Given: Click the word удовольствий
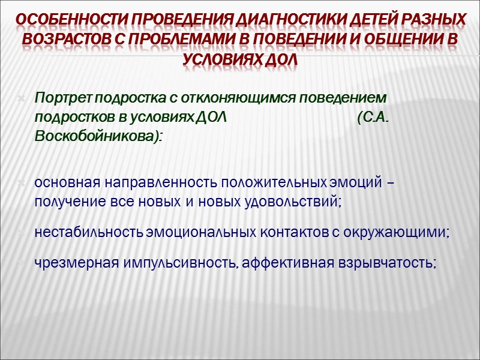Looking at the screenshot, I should [x=287, y=201].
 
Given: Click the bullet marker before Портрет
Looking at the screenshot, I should [x=22, y=97].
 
